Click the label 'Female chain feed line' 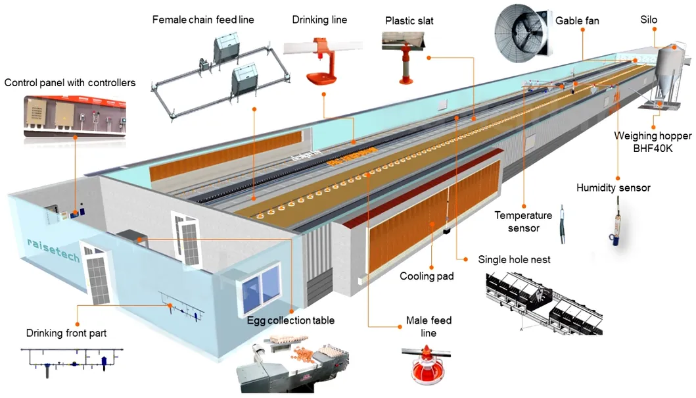click(203, 20)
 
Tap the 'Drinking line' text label click(319, 20)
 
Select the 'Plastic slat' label click(409, 21)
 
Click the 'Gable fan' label click(577, 21)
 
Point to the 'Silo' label click(649, 20)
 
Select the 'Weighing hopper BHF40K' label click(653, 142)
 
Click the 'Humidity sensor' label click(613, 188)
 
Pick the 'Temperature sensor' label click(523, 222)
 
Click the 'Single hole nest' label click(514, 259)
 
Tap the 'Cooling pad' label click(427, 276)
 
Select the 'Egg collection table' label click(290, 320)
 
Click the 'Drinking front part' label click(66, 334)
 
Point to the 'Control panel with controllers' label click(70, 83)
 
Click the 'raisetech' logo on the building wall click(53, 251)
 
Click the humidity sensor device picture click(616, 224)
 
